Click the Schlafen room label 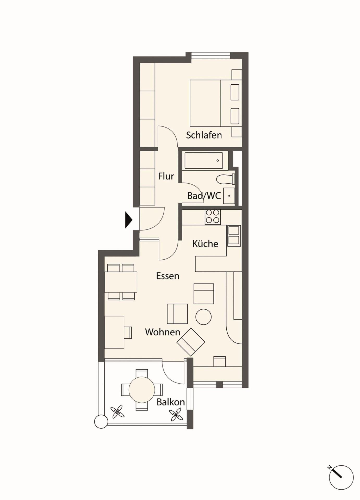[204, 135]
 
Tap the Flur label [166, 176]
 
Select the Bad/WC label [204, 196]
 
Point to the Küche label [205, 244]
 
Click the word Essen [168, 276]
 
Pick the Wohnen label [163, 332]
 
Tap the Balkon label [171, 402]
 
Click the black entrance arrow [129, 220]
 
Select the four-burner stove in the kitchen [213, 217]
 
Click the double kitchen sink [234, 236]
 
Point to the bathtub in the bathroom [204, 161]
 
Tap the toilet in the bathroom [226, 179]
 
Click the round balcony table [142, 390]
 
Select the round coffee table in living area [203, 317]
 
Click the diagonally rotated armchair [191, 342]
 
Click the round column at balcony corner [101, 422]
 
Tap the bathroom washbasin [229, 196]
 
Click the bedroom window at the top [211, 55]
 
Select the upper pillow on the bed [235, 92]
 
